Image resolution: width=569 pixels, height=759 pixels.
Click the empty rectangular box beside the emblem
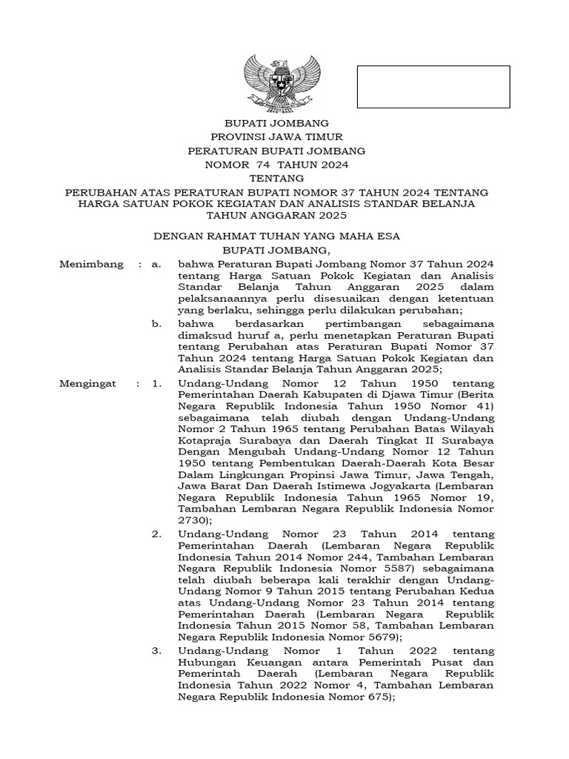point(433,87)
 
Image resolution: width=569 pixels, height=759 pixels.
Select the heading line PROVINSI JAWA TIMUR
point(277,136)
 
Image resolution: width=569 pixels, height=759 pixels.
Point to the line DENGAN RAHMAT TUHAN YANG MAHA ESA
point(276,236)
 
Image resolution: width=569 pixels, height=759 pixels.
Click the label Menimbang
point(87,264)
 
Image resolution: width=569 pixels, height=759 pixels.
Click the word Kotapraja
point(206,432)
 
